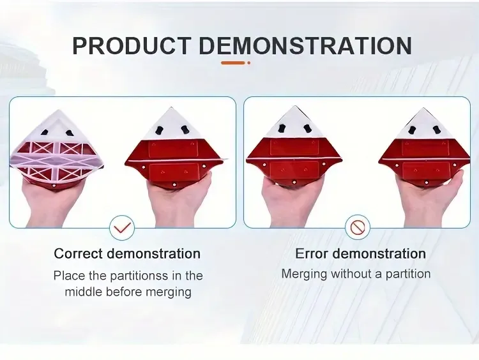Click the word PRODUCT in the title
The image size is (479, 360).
tap(132, 46)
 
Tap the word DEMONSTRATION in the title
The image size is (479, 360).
tap(305, 46)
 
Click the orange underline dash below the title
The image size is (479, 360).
tap(233, 63)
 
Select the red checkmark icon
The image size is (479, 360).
tap(122, 227)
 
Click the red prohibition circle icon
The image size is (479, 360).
tap(358, 227)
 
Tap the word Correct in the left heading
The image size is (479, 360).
tap(79, 254)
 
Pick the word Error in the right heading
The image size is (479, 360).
tap(311, 254)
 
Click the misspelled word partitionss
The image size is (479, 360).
tap(139, 276)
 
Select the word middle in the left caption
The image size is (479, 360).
tap(84, 292)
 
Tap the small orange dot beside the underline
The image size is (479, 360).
tap(249, 63)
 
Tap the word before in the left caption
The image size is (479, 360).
tap(124, 292)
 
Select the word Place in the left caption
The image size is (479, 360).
tap(69, 275)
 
